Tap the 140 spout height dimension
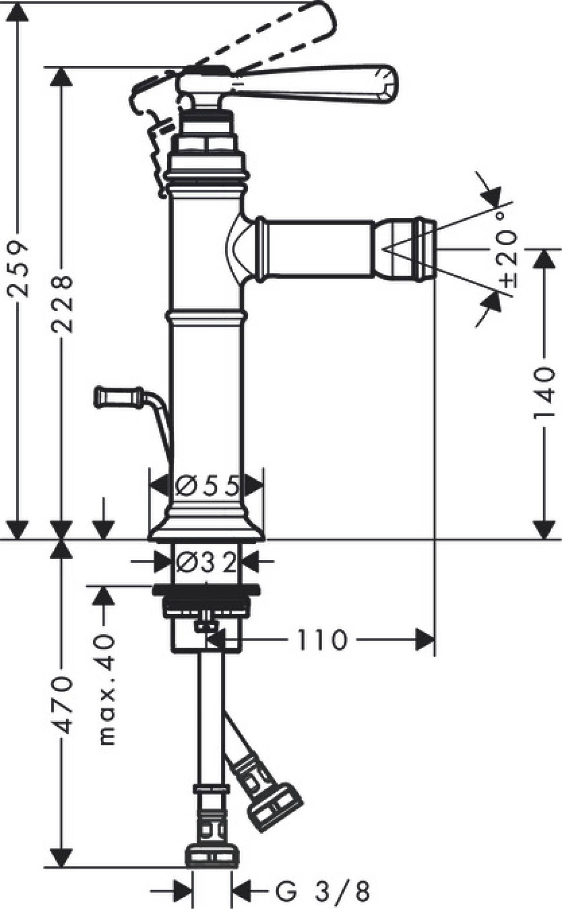(x=545, y=393)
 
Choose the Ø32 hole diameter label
(x=206, y=564)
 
